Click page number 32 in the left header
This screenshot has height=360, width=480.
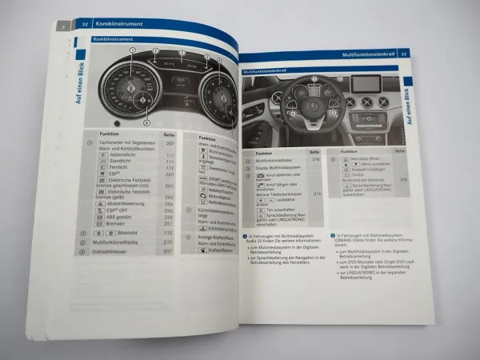coord(83,26)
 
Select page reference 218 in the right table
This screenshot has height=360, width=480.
coord(315,160)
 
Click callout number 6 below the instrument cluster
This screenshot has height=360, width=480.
coord(146,122)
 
